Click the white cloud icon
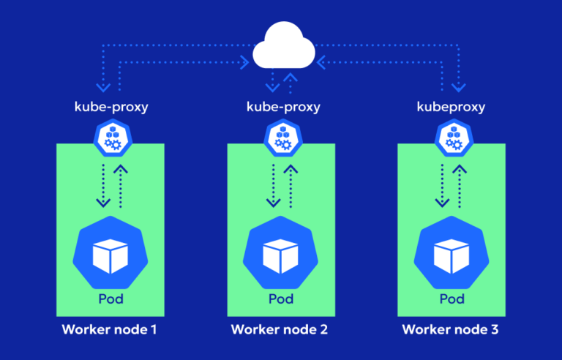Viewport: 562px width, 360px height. pos(282,48)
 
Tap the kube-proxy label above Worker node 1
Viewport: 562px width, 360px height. pos(111,107)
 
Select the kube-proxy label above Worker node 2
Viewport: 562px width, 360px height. pos(282,107)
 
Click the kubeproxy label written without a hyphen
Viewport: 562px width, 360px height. pos(452,107)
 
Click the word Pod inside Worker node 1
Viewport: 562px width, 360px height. pos(111,299)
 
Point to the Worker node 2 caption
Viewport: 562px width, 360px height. pos(282,329)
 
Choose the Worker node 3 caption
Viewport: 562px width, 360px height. pos(452,329)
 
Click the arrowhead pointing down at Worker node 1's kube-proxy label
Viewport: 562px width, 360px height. pos(102,88)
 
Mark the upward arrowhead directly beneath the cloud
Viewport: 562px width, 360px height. pos(291,76)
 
